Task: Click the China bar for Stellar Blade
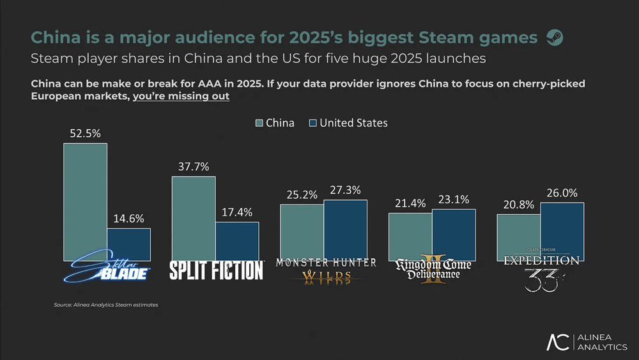pos(85,201)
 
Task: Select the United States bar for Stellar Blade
pos(128,244)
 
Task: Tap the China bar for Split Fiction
pos(194,218)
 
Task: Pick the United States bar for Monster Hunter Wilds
pos(345,230)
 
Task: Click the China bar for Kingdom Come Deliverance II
pos(410,236)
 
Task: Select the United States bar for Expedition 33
pos(562,231)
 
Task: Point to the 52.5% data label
pos(84,134)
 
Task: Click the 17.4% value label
pos(237,212)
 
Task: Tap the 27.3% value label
pos(346,190)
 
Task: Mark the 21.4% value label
pos(410,203)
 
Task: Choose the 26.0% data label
pos(562,193)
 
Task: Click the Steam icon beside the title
pos(555,38)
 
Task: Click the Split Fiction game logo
pos(216,270)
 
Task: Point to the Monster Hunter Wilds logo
pos(326,269)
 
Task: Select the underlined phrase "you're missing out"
pos(181,97)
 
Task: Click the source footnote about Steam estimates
pos(106,305)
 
